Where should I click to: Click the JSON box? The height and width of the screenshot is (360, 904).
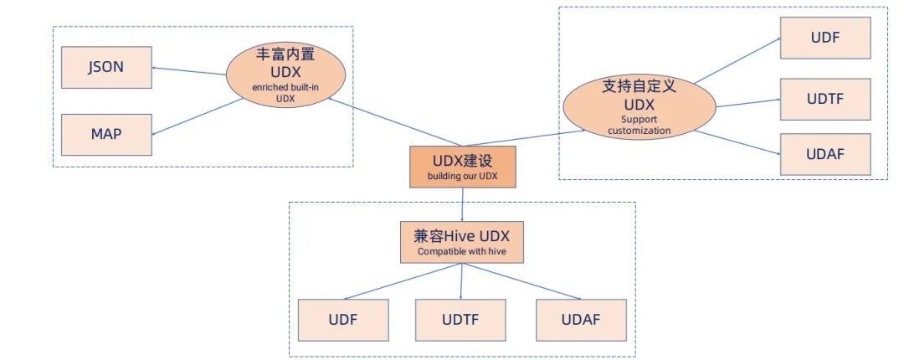tap(106, 68)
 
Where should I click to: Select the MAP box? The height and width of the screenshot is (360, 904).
tap(106, 134)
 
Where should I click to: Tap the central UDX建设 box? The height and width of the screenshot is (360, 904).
tap(461, 166)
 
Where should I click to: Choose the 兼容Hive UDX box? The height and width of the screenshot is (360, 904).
tap(460, 241)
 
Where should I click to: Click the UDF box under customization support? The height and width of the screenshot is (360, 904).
tap(824, 37)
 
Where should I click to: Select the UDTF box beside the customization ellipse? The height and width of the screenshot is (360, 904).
tap(824, 98)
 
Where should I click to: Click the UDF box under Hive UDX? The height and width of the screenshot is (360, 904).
tap(343, 319)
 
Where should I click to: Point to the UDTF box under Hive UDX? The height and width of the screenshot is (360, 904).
tap(460, 319)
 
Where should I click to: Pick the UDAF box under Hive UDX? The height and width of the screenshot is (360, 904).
tap(580, 319)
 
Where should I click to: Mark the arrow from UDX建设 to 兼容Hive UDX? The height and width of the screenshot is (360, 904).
tap(461, 203)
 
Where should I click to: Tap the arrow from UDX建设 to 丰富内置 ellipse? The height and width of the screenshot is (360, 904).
tap(393, 122)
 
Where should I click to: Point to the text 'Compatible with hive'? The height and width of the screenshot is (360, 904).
tap(460, 251)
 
